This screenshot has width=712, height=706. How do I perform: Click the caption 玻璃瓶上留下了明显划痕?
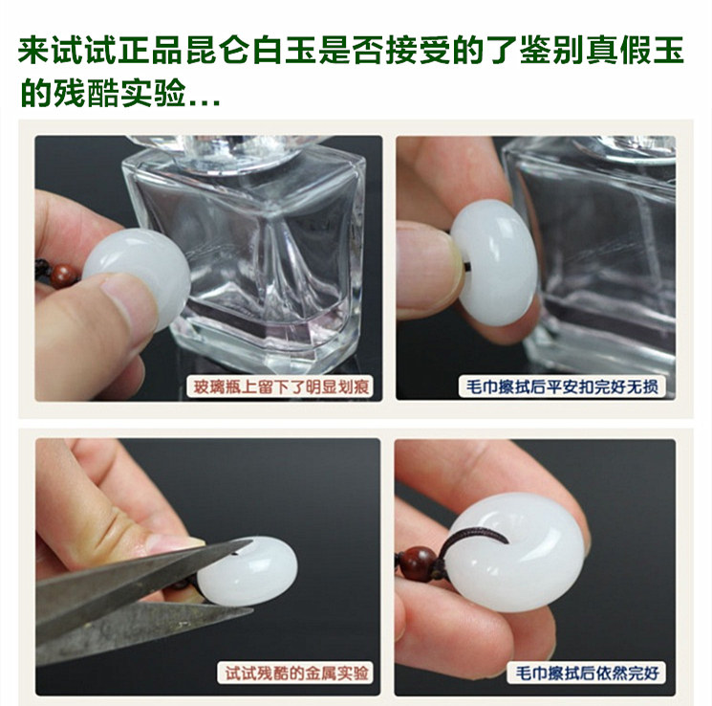pos(280,386)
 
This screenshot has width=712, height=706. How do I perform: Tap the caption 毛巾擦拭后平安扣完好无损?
pos(562,386)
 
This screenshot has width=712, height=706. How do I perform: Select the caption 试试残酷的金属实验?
pos(296,673)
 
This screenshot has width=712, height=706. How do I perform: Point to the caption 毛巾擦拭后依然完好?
pos(587,673)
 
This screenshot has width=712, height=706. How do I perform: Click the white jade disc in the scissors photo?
pos(248,571)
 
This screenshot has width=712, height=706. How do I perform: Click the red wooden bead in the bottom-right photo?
pos(418,563)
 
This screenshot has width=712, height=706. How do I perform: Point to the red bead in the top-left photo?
pos(64,276)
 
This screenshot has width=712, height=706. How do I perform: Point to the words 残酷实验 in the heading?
pos(119,93)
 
